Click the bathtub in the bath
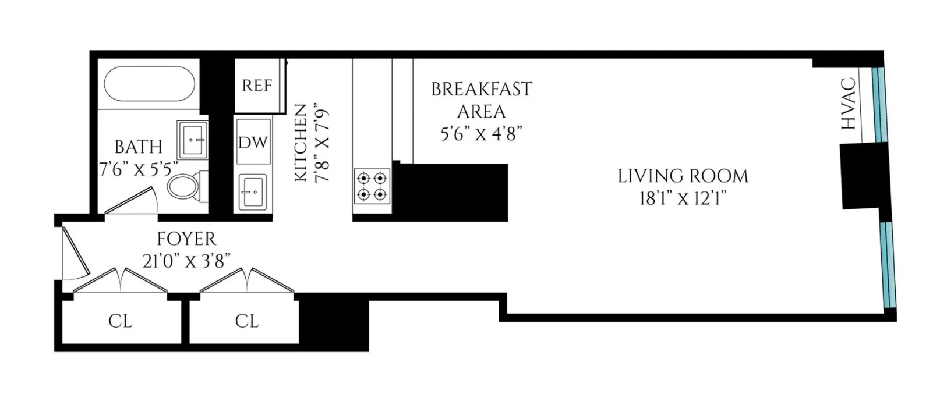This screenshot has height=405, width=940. [x=149, y=83]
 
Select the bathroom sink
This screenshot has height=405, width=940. [x=192, y=140]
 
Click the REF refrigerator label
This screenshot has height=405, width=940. [x=257, y=86]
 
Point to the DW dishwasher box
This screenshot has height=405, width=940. [x=253, y=142]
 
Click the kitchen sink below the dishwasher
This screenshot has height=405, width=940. [x=253, y=191]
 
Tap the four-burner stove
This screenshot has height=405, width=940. [x=372, y=186]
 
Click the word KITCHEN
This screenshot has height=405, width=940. [x=301, y=143]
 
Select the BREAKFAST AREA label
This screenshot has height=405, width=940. [x=481, y=100]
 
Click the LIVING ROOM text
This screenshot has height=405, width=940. [x=683, y=176]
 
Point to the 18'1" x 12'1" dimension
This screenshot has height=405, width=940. [x=683, y=198]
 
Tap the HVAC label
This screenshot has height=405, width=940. [x=849, y=104]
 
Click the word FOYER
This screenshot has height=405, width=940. [x=186, y=239]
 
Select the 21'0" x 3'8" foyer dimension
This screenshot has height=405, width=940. [x=186, y=261]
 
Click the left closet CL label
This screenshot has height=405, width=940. [x=120, y=321]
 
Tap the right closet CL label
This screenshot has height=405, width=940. [x=246, y=321]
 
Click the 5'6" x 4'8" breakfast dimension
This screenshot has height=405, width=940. [x=481, y=134]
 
